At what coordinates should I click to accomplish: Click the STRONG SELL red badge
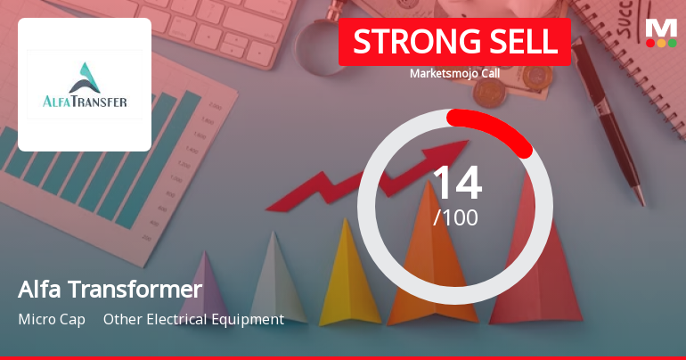tap(454, 41)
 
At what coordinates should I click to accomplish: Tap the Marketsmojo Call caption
tap(454, 73)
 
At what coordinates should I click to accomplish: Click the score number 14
tap(456, 183)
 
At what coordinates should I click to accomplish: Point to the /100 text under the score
tap(456, 217)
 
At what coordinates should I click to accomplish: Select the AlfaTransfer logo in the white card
tap(85, 85)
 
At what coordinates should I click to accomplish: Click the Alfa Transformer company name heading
tap(110, 290)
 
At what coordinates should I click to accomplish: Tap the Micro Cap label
tap(52, 319)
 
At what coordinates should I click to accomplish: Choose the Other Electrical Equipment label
tap(193, 319)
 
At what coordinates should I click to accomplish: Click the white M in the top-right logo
tap(661, 26)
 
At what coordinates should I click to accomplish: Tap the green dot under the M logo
tap(673, 43)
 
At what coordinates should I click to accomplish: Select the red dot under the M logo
tap(650, 43)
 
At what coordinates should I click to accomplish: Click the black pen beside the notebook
tap(606, 116)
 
